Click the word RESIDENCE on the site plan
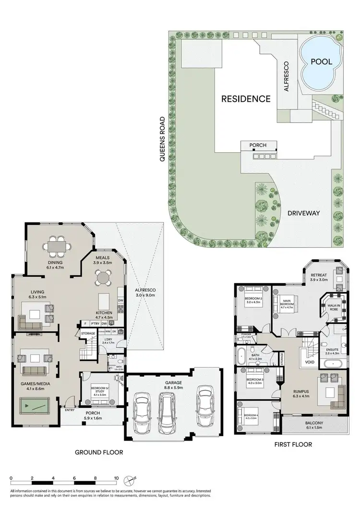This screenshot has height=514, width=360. point(246,99)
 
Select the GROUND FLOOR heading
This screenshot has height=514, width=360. point(99,453)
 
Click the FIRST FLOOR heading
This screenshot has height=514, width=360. point(293,445)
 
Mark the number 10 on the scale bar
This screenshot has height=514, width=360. point(116,478)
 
